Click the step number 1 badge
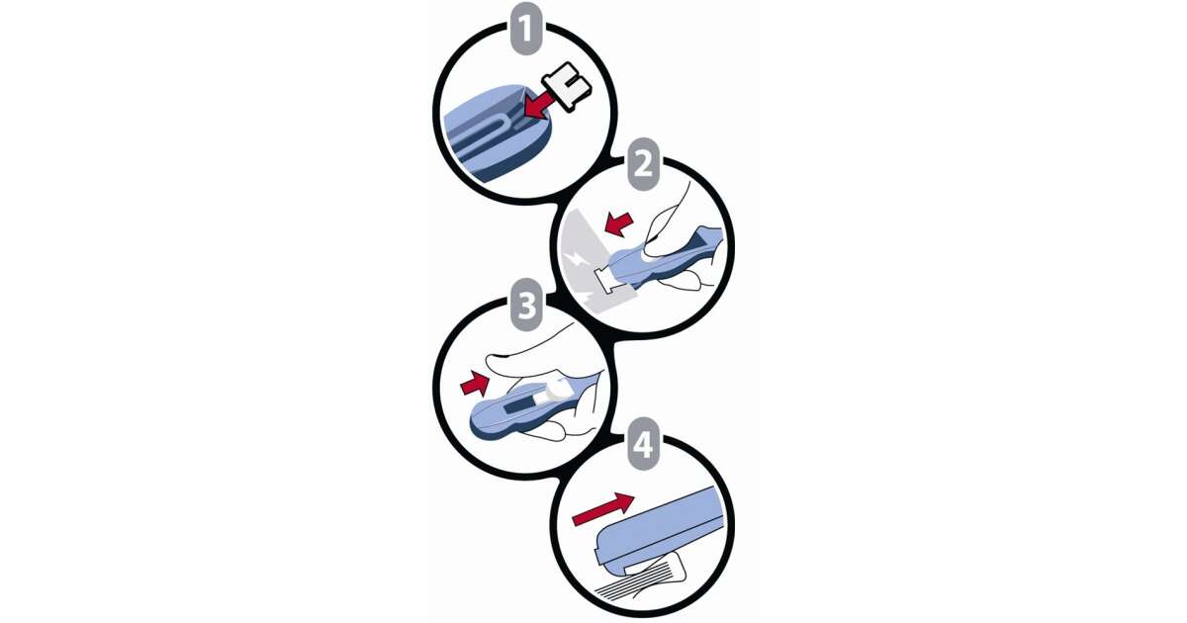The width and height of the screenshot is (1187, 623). click(x=525, y=29)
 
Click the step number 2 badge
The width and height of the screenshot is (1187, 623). click(x=643, y=164)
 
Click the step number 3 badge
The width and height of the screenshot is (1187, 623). click(x=526, y=306)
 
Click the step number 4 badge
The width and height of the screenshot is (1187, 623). click(x=643, y=444)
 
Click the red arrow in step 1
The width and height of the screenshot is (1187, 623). click(x=539, y=106)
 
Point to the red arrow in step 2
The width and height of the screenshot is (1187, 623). click(x=619, y=224)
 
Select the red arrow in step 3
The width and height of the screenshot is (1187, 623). click(x=475, y=384)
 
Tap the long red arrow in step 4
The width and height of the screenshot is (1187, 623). click(x=603, y=508)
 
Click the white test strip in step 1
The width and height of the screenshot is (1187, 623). click(x=566, y=86)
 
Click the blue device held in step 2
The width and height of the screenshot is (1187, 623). click(x=669, y=258)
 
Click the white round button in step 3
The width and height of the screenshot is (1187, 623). click(x=556, y=391)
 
